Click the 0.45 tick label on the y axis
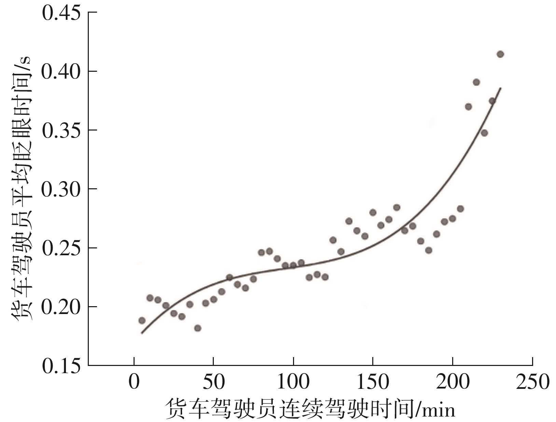(x=61, y=13)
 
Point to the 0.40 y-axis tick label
(x=61, y=72)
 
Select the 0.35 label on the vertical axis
(x=61, y=131)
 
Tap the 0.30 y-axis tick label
(x=61, y=189)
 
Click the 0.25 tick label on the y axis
(x=61, y=248)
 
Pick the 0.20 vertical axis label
(x=61, y=307)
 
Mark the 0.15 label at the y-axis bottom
(x=61, y=366)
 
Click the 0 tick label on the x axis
(x=134, y=382)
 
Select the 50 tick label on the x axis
(x=213, y=382)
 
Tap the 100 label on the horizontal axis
(x=293, y=382)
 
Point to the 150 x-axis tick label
(x=373, y=382)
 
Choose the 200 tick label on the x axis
(x=453, y=382)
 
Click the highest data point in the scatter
(x=500, y=54)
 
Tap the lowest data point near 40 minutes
(x=198, y=328)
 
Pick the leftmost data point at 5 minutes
(x=142, y=321)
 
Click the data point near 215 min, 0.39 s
(x=476, y=82)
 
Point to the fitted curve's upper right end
(x=500, y=88)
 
